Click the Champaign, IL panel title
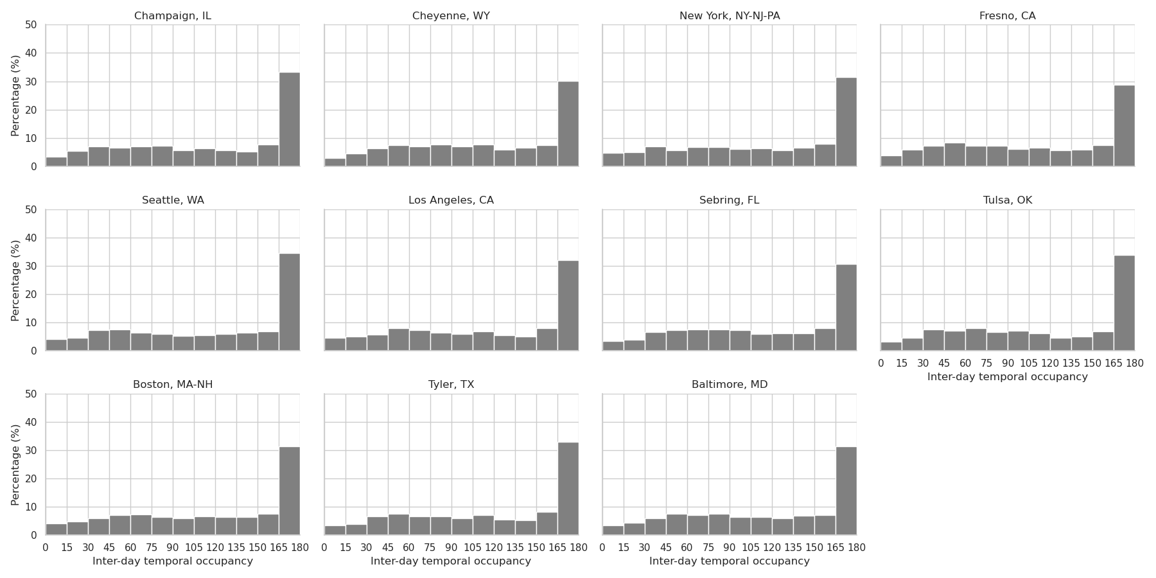(x=172, y=16)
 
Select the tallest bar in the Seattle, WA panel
(x=290, y=302)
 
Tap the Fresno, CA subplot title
(x=1007, y=16)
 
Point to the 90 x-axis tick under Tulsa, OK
(x=1008, y=363)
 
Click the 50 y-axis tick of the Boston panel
(x=31, y=394)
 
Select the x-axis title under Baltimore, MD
(x=729, y=561)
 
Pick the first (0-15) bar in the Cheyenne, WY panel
(x=335, y=162)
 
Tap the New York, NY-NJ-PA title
(x=730, y=16)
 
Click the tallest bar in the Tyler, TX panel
(x=568, y=488)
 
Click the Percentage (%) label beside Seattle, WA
(x=16, y=280)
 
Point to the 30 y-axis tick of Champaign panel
(x=31, y=82)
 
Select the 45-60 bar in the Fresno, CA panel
(x=954, y=154)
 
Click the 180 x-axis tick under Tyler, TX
(x=578, y=548)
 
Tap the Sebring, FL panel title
(x=729, y=200)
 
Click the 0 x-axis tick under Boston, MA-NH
(x=46, y=548)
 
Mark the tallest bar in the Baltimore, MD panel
(x=846, y=491)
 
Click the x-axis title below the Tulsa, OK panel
(x=1007, y=377)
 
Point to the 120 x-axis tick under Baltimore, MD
(x=772, y=548)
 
